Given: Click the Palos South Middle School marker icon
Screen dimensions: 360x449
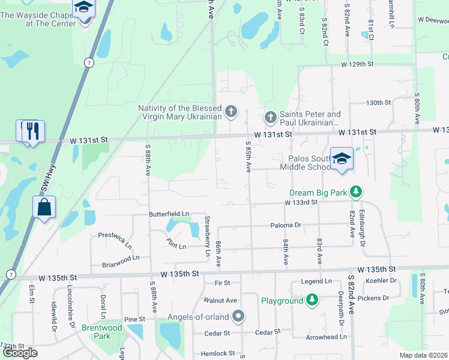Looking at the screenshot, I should pos(342,158).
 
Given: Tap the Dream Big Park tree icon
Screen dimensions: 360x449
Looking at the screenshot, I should pos(357,192).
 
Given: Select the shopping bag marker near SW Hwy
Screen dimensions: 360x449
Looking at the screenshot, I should pos(45,207).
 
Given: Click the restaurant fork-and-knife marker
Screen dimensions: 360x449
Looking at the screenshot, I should pos(33,131).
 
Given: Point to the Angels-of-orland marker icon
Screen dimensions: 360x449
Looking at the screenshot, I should pos(238,316).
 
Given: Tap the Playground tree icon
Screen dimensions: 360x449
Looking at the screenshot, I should pos(312,300).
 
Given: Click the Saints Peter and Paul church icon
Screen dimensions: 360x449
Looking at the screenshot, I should pos(270,116).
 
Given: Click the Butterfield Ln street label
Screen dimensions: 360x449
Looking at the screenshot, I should pos(169,214).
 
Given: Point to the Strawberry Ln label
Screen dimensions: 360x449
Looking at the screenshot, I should pos(208,235).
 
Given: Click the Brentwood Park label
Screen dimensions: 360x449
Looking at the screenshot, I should pos(101,332).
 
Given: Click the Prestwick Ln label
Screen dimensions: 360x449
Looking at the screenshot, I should pos(115,239).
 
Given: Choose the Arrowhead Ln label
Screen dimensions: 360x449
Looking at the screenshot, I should pos(327,337).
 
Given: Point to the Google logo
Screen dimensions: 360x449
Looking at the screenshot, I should pos(20,353).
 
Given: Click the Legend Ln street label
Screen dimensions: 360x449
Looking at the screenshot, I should pos(316,281).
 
